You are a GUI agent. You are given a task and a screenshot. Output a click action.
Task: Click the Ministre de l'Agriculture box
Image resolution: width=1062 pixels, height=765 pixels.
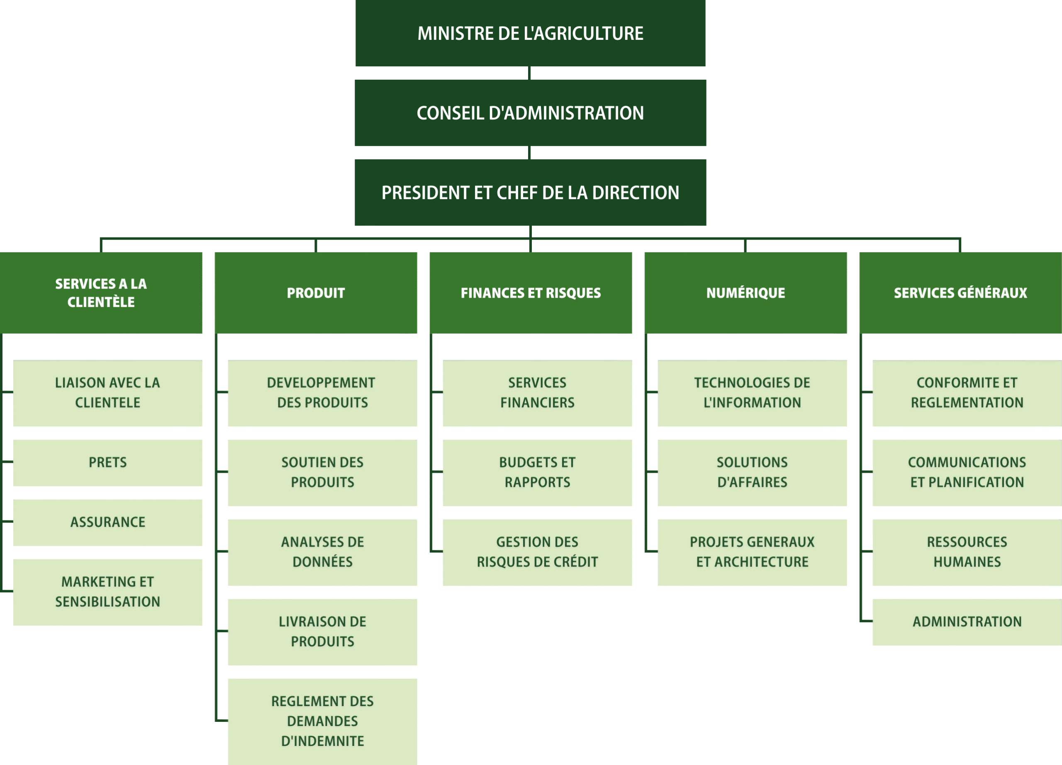coord(530,33)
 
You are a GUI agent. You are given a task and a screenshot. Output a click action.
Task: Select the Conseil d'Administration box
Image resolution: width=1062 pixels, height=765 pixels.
coord(530,113)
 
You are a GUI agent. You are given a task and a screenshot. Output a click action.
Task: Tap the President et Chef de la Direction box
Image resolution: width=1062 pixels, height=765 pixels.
coord(530,193)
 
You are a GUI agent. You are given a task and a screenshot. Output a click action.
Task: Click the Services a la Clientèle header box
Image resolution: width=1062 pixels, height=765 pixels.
coord(101,293)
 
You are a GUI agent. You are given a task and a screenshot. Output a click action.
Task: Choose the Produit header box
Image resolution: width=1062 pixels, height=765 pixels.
coord(316,293)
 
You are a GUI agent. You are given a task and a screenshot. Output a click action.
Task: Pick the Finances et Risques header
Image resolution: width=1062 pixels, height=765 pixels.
coord(531,293)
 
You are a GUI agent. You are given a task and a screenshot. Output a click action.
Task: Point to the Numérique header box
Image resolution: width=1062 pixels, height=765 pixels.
coord(745,293)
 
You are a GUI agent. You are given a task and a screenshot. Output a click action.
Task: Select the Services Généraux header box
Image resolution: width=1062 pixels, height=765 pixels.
coord(960,293)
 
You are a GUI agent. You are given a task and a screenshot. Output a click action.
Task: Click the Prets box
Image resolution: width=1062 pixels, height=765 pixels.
coord(108,463)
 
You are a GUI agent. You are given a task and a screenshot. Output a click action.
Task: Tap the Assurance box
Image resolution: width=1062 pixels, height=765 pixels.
coord(108,522)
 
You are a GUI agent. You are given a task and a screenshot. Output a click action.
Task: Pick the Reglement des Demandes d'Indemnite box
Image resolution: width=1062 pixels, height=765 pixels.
coord(323,721)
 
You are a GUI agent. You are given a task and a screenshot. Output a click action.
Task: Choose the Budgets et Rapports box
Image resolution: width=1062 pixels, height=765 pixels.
coord(537,473)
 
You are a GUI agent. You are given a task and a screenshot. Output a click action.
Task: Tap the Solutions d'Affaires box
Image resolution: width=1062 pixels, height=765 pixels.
coord(752,473)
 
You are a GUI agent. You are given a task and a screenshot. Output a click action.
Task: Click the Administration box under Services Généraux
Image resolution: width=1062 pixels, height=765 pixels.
coord(967,622)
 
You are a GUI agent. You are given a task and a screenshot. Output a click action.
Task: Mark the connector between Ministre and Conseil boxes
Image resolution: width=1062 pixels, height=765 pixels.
coord(529,73)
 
